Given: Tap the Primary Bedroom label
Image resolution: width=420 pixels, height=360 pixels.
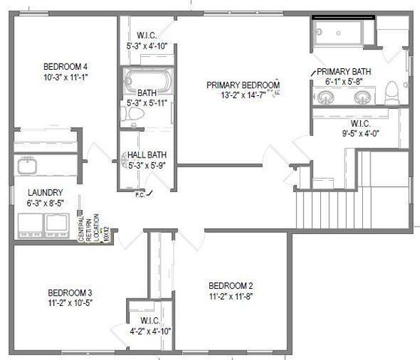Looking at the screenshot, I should pos(244,85).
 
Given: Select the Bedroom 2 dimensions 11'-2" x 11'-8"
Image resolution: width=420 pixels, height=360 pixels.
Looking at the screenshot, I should pos(231,296).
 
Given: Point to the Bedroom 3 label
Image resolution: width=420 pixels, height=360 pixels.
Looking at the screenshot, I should pos(69,292).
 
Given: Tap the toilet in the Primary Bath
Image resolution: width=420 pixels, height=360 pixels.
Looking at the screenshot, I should pos(390,94).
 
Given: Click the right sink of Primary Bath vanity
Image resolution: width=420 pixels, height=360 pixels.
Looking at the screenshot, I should pos(362,97).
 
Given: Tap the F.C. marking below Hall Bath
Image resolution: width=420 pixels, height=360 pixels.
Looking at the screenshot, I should pos(139,195).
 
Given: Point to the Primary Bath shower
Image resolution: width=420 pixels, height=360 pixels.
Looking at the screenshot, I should pos(337,32).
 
